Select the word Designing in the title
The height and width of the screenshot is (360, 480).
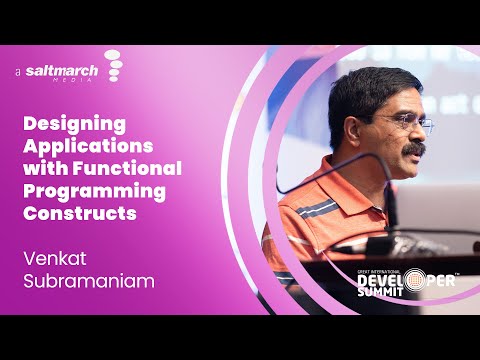pos(74,124)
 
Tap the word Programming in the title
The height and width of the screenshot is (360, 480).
pos(94,190)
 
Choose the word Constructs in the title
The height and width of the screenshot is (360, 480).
pos(79,212)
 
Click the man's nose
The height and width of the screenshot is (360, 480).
pos(418,135)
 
